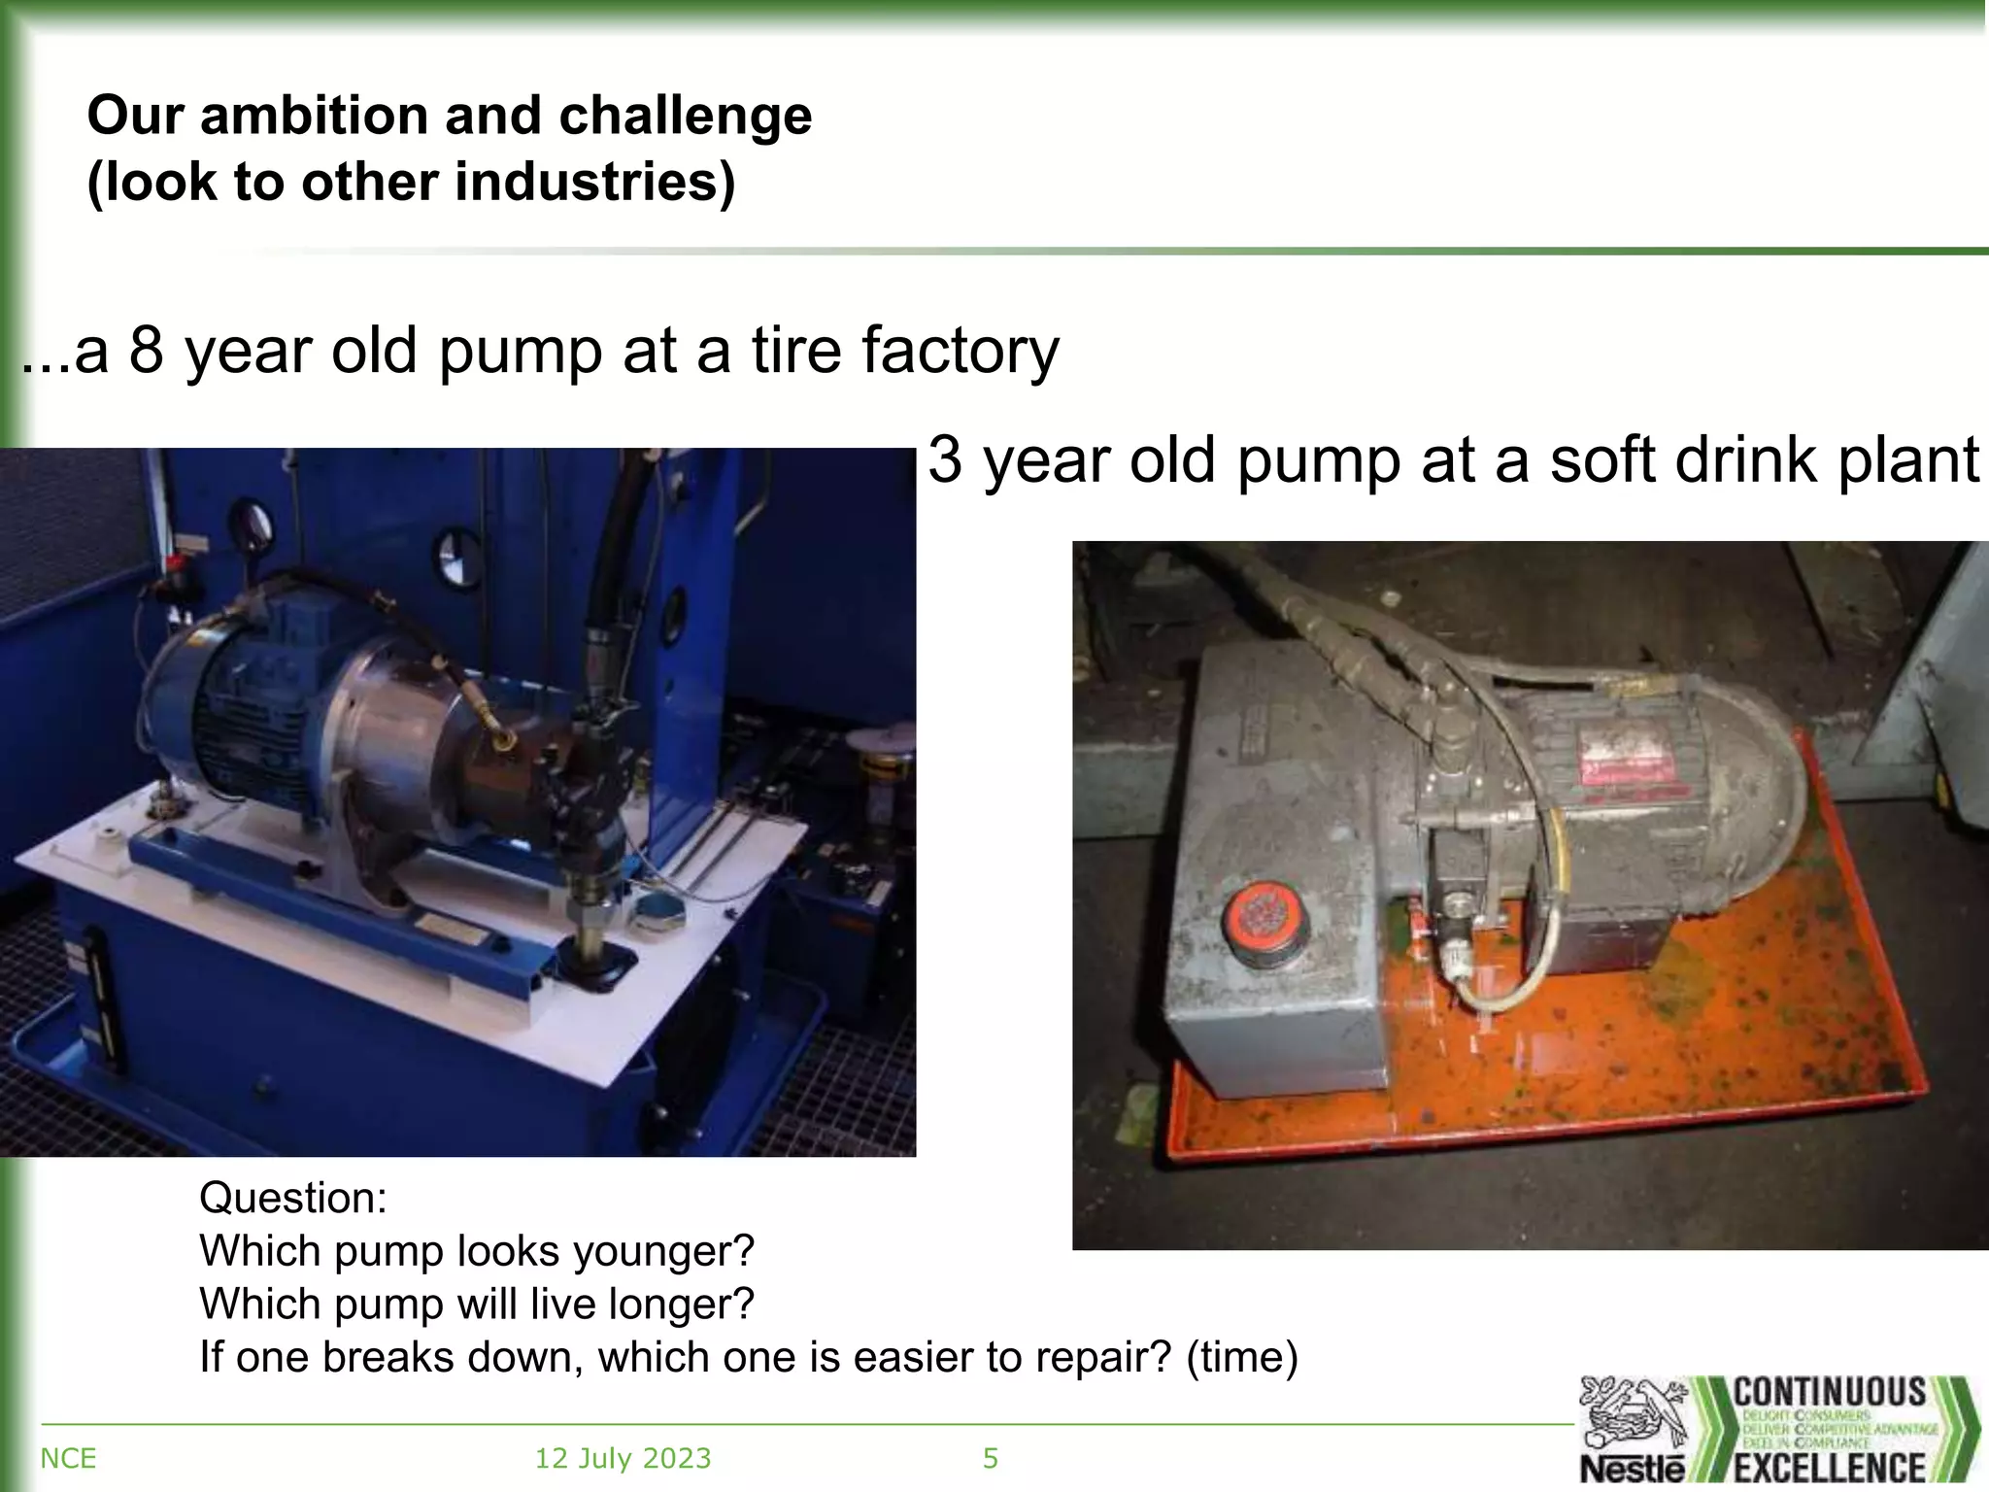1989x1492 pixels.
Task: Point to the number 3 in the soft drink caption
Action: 945,459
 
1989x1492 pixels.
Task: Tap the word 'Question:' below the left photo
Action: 293,1198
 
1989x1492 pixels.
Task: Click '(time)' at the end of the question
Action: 1242,1357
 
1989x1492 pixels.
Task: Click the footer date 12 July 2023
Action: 623,1458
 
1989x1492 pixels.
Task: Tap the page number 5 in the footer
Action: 991,1458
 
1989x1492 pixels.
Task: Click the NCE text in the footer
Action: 68,1458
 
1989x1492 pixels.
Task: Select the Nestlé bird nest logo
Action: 1633,1420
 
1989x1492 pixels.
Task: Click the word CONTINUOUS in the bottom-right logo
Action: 1830,1391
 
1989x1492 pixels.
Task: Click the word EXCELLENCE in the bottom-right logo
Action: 1830,1467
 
